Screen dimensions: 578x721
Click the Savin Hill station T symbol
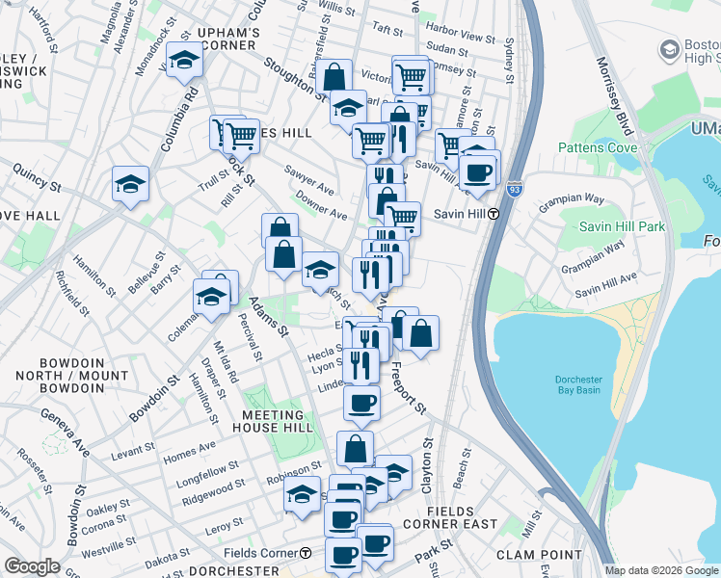point(493,213)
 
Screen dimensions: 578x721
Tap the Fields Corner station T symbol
point(306,553)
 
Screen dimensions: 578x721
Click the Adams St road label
point(270,315)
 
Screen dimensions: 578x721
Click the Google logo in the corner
point(33,566)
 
